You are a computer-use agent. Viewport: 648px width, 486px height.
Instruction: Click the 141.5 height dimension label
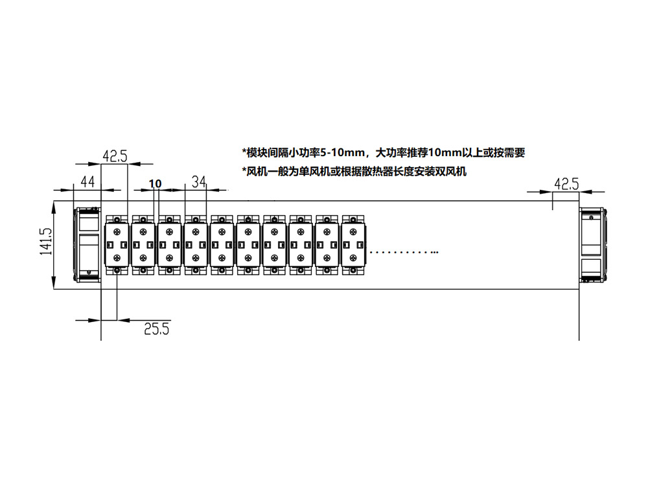point(46,241)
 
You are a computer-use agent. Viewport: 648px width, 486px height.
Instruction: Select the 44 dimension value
point(87,182)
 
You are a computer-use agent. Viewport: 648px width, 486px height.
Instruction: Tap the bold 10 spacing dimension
point(155,183)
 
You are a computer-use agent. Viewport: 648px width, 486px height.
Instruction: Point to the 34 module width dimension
point(199,181)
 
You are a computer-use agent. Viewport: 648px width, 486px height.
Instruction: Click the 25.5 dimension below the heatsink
point(157,329)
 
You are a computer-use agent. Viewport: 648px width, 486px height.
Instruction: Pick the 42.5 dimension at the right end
point(566,184)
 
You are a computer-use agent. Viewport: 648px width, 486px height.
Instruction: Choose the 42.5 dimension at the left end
point(115,156)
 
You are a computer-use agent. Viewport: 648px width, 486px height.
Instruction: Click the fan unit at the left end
point(87,245)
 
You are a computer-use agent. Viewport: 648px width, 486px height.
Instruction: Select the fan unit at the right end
point(593,245)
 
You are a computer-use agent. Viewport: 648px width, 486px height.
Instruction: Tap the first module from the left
point(117,245)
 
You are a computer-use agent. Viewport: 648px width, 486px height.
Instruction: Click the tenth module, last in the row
point(353,245)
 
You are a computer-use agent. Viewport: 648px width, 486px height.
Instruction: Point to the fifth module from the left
point(222,245)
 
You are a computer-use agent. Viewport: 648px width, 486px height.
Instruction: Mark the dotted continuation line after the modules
point(404,251)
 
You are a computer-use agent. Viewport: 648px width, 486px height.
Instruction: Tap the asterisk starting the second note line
point(244,170)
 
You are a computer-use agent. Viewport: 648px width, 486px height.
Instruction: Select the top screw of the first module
point(117,220)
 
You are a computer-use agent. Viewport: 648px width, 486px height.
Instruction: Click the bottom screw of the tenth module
point(353,270)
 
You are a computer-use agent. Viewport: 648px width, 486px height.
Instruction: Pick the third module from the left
point(169,245)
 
